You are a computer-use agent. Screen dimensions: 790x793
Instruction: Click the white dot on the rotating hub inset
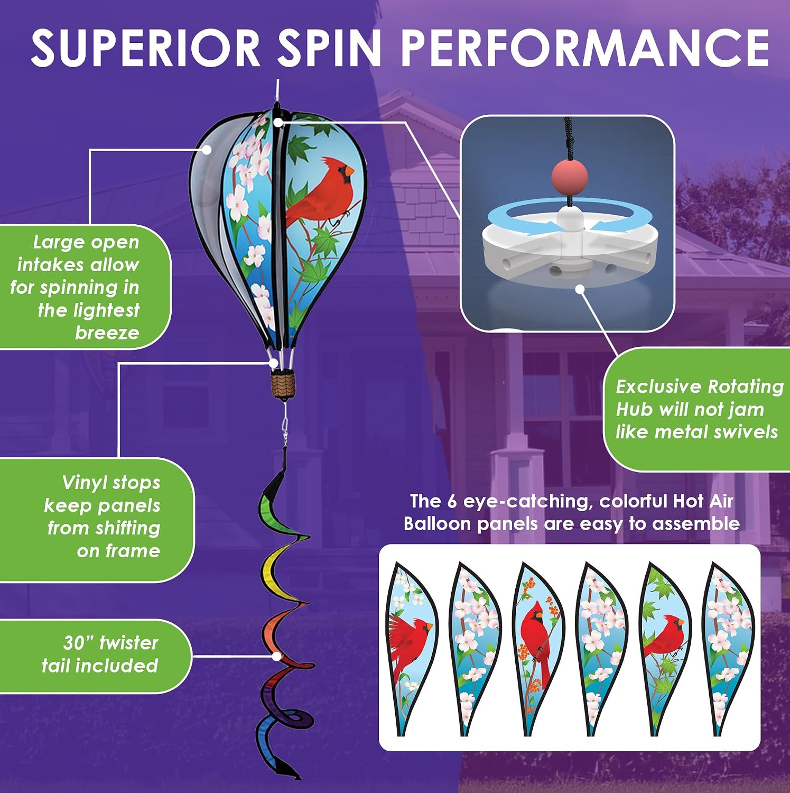click(580, 289)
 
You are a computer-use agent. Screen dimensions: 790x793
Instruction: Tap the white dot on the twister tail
click(276, 656)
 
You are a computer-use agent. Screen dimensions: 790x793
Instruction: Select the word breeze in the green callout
click(107, 333)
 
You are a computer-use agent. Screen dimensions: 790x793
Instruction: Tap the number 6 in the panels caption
click(452, 501)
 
